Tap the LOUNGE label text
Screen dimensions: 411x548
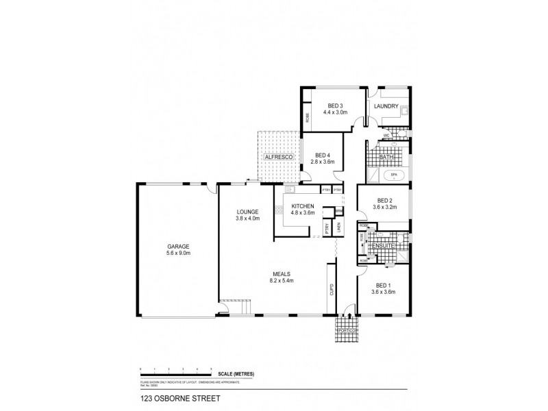tap(247, 212)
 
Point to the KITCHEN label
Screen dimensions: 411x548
tap(303, 206)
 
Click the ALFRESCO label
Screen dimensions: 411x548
tap(278, 158)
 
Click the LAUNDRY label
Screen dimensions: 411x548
tap(386, 106)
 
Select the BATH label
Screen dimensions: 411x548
tap(386, 157)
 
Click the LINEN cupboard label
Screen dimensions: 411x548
tap(338, 227)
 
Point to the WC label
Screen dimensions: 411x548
tap(386, 135)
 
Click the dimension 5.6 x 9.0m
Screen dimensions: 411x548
tap(178, 253)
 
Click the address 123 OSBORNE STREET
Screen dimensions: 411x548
tap(172, 397)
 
